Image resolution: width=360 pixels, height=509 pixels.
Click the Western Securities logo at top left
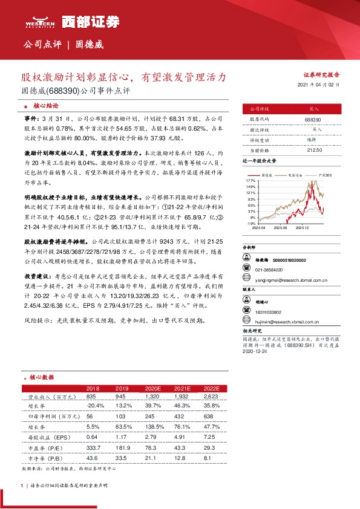[x=38, y=22]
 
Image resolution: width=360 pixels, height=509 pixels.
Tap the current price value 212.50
[x=313, y=149]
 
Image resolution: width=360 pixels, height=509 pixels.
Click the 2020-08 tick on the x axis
[x=280, y=228]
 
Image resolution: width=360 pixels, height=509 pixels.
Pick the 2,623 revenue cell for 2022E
[x=211, y=396]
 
